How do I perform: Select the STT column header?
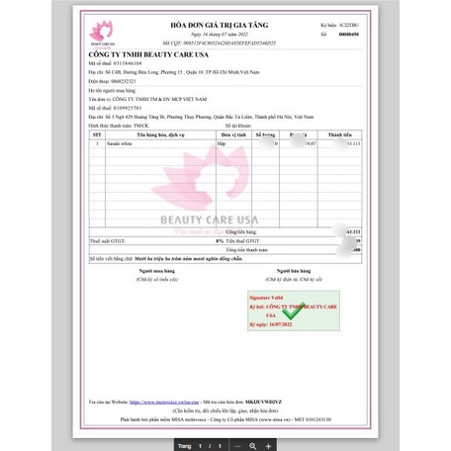(97, 135)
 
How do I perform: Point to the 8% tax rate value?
(220, 240)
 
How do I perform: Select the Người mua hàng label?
(157, 271)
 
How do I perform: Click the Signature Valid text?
(267, 296)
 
